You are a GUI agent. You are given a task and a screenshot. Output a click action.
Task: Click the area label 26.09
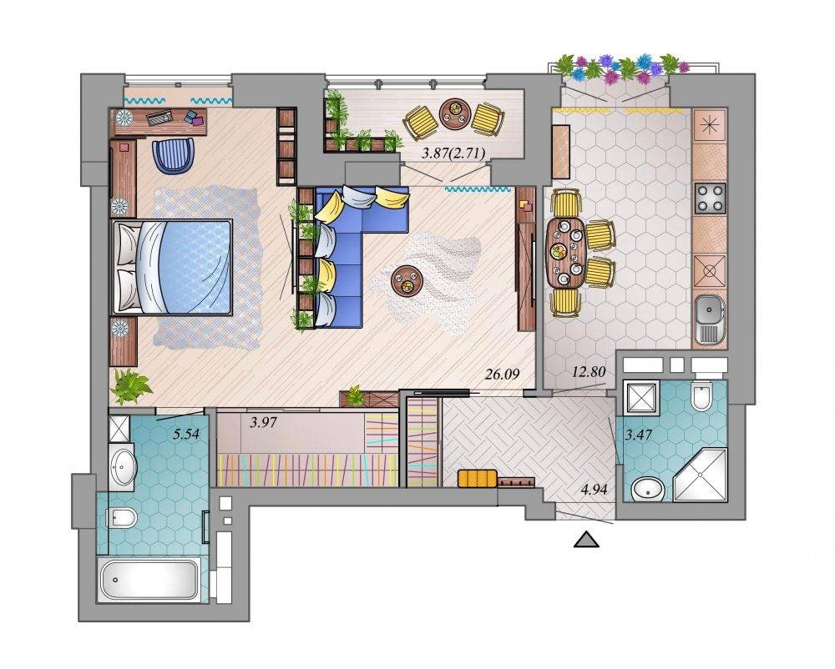tap(502, 375)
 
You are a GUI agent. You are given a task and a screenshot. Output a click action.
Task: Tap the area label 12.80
tap(589, 372)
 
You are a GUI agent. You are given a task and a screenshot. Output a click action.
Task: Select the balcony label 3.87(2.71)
tap(453, 153)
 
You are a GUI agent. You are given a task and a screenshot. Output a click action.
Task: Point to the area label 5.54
tap(186, 434)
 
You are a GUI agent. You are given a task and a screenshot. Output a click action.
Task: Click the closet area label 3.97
tap(264, 423)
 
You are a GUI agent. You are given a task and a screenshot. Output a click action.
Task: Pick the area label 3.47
tap(638, 435)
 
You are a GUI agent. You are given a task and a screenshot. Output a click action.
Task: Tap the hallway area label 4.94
tap(594, 490)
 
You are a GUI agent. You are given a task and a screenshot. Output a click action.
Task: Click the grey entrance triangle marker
tap(586, 539)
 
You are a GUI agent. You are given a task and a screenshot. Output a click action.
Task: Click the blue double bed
tap(171, 267)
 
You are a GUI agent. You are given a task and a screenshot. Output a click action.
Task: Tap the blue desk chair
tap(173, 155)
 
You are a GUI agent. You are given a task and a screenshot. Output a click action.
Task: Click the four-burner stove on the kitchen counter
tap(710, 198)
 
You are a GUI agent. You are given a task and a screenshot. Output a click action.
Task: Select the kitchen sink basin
tap(709, 309)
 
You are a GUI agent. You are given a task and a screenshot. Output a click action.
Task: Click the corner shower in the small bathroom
tap(701, 475)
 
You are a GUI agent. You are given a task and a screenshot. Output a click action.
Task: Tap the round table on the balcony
tap(454, 113)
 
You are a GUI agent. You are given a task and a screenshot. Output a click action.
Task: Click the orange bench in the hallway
tap(478, 477)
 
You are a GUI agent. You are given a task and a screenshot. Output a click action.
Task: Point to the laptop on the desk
tap(159, 117)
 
